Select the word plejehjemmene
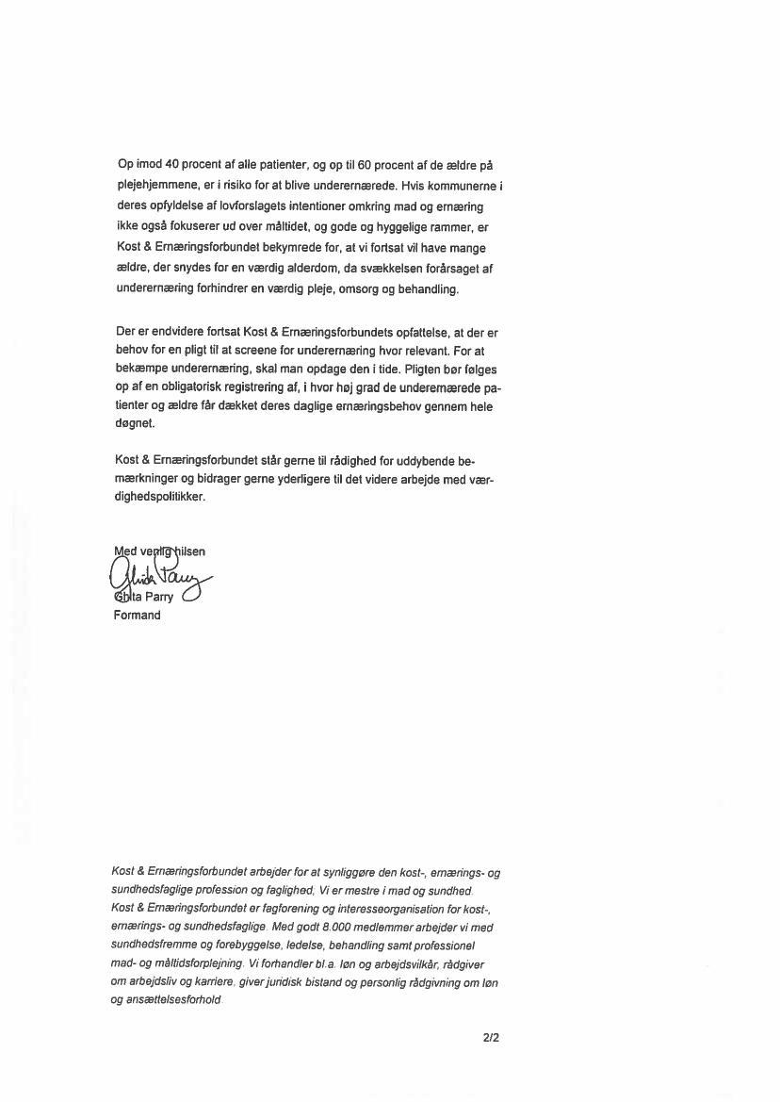(x=156, y=187)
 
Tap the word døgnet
(x=135, y=427)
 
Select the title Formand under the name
(x=137, y=616)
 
